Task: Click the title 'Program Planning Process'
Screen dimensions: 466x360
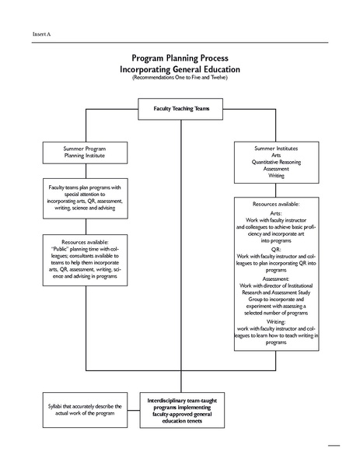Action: [180, 58]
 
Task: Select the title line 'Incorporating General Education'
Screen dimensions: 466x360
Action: [180, 68]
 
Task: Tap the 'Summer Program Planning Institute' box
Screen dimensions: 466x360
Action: [85, 151]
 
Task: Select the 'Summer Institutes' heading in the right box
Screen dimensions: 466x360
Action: [276, 147]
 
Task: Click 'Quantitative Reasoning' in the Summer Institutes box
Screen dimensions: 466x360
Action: [276, 161]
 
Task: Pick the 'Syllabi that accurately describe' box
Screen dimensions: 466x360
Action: [85, 408]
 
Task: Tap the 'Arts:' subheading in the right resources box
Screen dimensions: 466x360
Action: [276, 212]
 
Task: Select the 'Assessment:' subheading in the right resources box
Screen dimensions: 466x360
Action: [276, 278]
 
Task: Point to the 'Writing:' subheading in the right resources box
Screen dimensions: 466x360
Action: [276, 320]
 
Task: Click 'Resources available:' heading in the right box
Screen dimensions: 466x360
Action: [276, 203]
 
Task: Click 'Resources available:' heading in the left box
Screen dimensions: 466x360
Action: [85, 242]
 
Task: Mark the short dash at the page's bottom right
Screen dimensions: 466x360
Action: [334, 446]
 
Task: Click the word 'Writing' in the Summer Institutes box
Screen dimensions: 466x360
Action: [276, 176]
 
